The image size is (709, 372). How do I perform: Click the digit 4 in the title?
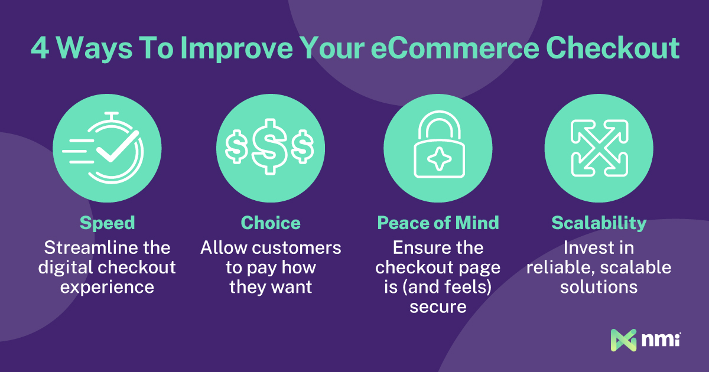click(40, 48)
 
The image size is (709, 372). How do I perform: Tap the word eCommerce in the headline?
click(455, 48)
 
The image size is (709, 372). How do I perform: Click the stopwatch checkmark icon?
click(103, 148)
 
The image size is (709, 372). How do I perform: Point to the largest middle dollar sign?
click(269, 147)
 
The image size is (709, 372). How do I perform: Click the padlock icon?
click(439, 144)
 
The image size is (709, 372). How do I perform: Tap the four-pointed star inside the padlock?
click(440, 159)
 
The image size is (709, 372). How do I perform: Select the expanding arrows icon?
click(599, 148)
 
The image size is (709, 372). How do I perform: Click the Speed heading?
click(108, 223)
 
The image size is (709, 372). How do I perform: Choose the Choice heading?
click(271, 223)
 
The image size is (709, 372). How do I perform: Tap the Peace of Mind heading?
click(438, 223)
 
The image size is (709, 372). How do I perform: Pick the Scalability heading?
click(599, 223)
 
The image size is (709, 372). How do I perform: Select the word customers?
click(297, 248)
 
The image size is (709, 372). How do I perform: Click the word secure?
click(438, 307)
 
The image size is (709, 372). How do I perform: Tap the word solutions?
click(599, 287)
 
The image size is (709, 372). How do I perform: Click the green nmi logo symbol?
click(623, 340)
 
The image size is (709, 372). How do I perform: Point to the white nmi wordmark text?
click(661, 340)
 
